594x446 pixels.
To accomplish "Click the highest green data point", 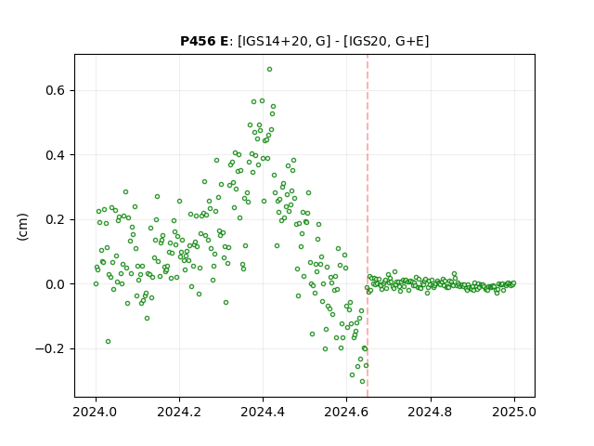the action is pos(269,70).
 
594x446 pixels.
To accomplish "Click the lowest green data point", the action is pos(363,382).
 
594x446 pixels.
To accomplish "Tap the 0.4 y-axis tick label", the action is pos(56,155).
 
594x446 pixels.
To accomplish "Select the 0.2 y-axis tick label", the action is pos(56,219).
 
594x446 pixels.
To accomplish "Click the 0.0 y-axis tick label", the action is pos(56,284).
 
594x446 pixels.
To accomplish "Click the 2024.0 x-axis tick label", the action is pos(96,412).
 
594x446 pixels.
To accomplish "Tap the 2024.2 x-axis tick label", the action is pos(179,412).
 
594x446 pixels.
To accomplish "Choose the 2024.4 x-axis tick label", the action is pos(263,412).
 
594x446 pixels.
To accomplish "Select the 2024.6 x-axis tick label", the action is pos(346,412).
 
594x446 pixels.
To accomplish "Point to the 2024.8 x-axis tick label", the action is pos(431,412).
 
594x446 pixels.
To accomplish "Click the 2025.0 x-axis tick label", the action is pos(514,412).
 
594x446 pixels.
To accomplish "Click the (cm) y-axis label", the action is pos(22,227).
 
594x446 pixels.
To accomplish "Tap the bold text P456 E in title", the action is pos(204,41).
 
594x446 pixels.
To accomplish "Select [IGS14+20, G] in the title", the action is pos(281,41).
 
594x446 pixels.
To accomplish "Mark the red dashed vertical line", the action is pos(368,226).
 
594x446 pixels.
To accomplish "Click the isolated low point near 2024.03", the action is pos(108,342).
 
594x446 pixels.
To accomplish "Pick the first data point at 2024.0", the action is pos(96,284).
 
